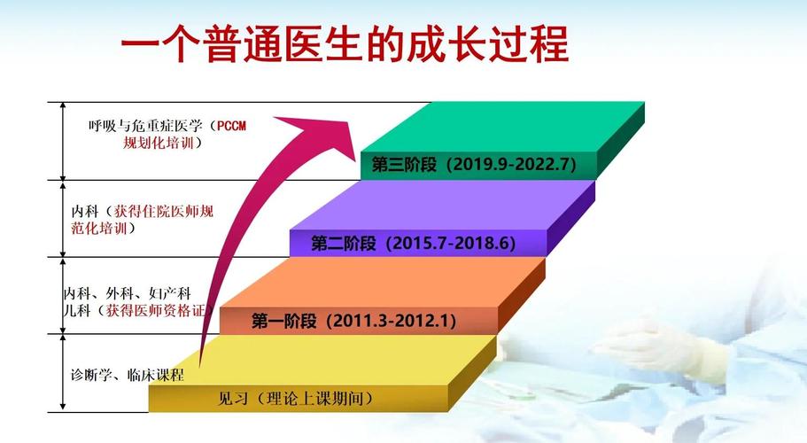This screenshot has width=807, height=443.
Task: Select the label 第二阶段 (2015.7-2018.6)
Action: click(x=413, y=243)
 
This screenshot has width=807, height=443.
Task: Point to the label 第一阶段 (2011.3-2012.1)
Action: click(x=354, y=321)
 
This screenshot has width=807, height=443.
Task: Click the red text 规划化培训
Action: click(x=159, y=142)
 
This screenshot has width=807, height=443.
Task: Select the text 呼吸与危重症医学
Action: click(x=141, y=126)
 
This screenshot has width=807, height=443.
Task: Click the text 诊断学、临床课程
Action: click(x=128, y=375)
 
